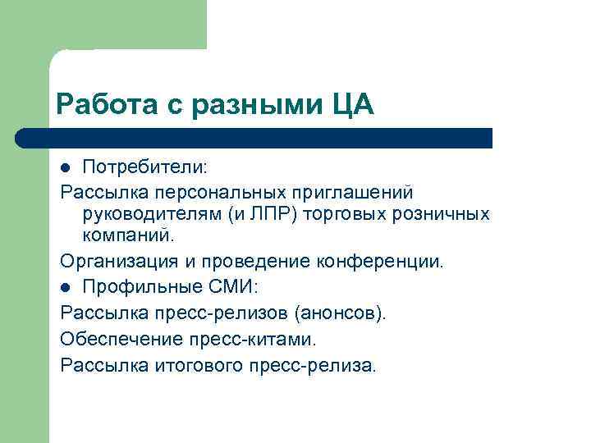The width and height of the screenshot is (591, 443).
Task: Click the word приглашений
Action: pos(359,191)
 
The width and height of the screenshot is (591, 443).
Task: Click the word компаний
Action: pos(127,237)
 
